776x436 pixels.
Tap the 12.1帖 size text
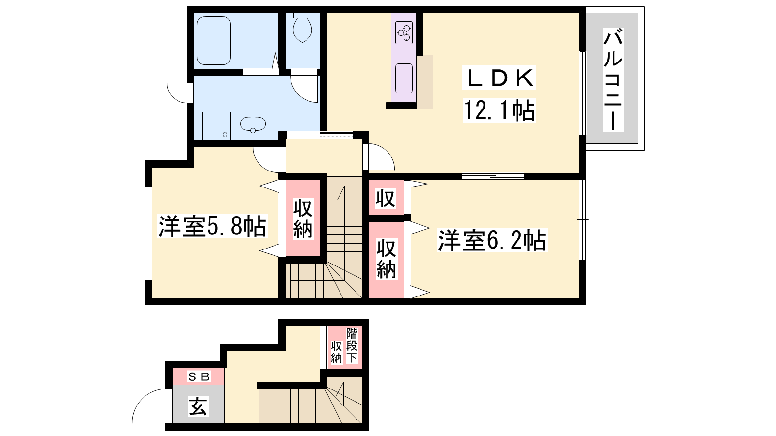[499, 110]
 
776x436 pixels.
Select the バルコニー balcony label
[613, 79]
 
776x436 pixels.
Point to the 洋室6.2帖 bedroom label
[492, 240]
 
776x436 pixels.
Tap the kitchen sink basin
[404, 78]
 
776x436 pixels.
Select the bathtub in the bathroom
[214, 41]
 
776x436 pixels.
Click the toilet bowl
[303, 28]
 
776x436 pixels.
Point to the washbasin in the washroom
[253, 124]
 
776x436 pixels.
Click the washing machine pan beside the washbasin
[216, 125]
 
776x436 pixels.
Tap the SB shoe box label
[198, 376]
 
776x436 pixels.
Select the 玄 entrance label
[198, 406]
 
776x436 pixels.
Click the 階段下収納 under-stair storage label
[344, 346]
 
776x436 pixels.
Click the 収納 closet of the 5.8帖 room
[303, 218]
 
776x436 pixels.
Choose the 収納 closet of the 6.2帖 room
[386, 259]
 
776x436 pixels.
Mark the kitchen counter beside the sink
[425, 82]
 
